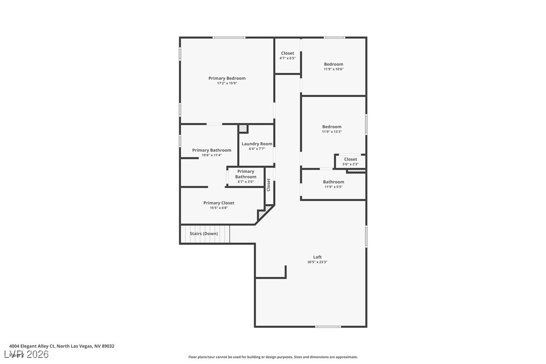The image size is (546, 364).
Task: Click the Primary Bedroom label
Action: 227,78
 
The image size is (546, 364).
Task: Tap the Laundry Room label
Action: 256,144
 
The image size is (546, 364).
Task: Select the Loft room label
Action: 317,257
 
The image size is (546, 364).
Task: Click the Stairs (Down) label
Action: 204,234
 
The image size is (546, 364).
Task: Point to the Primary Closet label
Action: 219,203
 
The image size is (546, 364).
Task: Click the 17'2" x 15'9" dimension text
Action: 227,83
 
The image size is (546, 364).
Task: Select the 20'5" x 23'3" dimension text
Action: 317,262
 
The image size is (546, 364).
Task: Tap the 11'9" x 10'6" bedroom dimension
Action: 333,69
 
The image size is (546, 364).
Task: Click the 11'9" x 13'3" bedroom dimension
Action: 332,132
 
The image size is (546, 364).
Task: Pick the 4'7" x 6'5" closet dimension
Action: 288,58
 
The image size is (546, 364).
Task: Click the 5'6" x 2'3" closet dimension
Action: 350,164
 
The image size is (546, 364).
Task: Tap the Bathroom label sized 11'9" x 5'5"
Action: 333,182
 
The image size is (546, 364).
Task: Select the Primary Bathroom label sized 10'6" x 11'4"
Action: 212,150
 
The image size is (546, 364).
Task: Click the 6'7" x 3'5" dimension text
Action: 246,181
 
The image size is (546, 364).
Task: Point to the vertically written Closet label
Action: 268,185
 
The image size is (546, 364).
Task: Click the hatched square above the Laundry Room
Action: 243,129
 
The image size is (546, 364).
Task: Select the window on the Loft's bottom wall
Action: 328,327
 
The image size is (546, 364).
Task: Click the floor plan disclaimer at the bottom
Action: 273,357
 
